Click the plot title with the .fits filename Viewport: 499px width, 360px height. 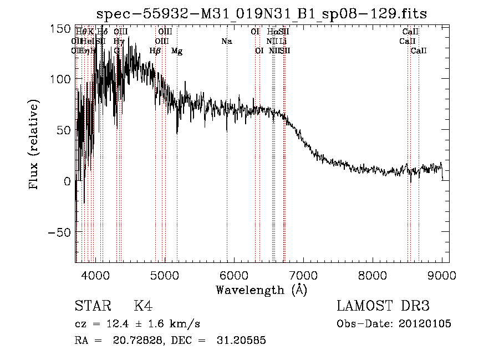(x=261, y=14)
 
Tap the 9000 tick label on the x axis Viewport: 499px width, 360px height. (x=442, y=275)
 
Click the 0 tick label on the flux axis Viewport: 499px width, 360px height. (x=67, y=181)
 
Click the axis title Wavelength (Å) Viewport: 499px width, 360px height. (x=261, y=290)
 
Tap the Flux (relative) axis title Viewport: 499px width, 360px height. (x=35, y=145)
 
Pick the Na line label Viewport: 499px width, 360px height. (x=226, y=42)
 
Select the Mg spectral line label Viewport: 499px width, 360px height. (x=177, y=51)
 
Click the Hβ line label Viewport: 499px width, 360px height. (x=155, y=51)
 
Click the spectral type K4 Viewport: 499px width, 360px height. (x=143, y=306)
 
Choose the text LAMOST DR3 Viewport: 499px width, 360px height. (x=383, y=306)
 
